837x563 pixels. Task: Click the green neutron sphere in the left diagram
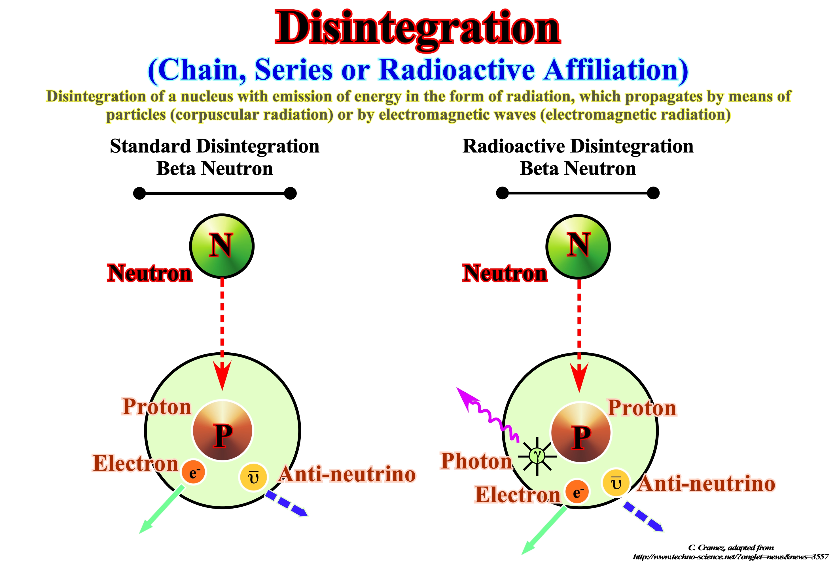(x=222, y=246)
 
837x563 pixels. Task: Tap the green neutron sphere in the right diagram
(x=578, y=247)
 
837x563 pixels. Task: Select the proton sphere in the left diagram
(x=223, y=430)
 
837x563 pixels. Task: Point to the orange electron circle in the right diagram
(x=577, y=492)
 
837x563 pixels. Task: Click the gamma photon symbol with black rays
(x=537, y=456)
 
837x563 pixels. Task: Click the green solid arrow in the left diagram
(x=162, y=509)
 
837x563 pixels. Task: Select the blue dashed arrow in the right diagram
(x=643, y=517)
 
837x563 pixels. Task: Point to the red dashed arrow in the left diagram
(x=222, y=334)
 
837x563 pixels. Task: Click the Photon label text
(x=476, y=461)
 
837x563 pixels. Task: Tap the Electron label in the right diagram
(x=517, y=494)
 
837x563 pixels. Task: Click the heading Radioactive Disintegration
(x=577, y=146)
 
